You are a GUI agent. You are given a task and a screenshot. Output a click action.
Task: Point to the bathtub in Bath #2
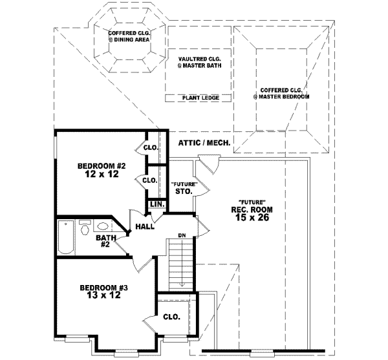[x=65, y=237]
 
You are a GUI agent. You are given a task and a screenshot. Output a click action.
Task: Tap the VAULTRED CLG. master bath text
[x=198, y=62]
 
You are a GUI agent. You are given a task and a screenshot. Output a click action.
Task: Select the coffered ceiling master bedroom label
[x=281, y=93]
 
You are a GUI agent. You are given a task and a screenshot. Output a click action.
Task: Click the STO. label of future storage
[x=184, y=191]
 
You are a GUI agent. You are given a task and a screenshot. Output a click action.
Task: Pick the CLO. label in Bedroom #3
[x=171, y=317]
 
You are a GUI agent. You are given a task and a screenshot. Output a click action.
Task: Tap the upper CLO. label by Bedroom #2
[x=151, y=147]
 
